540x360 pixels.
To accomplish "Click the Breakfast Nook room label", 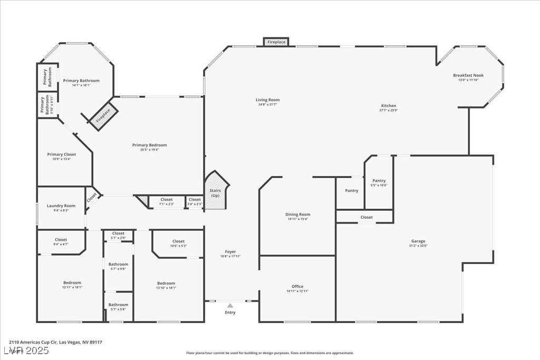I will click(x=468, y=75).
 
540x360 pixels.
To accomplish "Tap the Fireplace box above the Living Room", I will click(x=276, y=42).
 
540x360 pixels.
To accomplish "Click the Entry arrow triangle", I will click(x=230, y=305).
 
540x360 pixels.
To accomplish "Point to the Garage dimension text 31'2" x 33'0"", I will click(x=418, y=246).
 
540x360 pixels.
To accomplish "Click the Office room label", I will click(x=297, y=287).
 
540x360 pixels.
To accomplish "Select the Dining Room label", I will click(x=298, y=215).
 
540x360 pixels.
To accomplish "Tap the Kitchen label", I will click(x=389, y=105).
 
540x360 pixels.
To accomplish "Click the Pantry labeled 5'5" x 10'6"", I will click(x=379, y=181).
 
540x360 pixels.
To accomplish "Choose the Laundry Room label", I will click(x=61, y=206).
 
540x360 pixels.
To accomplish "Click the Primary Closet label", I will click(x=62, y=154).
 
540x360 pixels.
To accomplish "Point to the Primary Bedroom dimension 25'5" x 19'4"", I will click(x=150, y=150).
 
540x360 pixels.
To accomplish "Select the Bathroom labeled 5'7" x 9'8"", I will click(x=118, y=264).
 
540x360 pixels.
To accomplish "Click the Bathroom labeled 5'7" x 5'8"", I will click(x=118, y=305).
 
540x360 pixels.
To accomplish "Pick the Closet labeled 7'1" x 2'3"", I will click(x=167, y=200).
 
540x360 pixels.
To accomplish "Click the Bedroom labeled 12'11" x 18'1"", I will click(x=72, y=283).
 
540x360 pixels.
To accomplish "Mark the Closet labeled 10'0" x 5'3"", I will click(x=178, y=241).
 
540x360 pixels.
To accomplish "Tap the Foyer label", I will click(x=230, y=252).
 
